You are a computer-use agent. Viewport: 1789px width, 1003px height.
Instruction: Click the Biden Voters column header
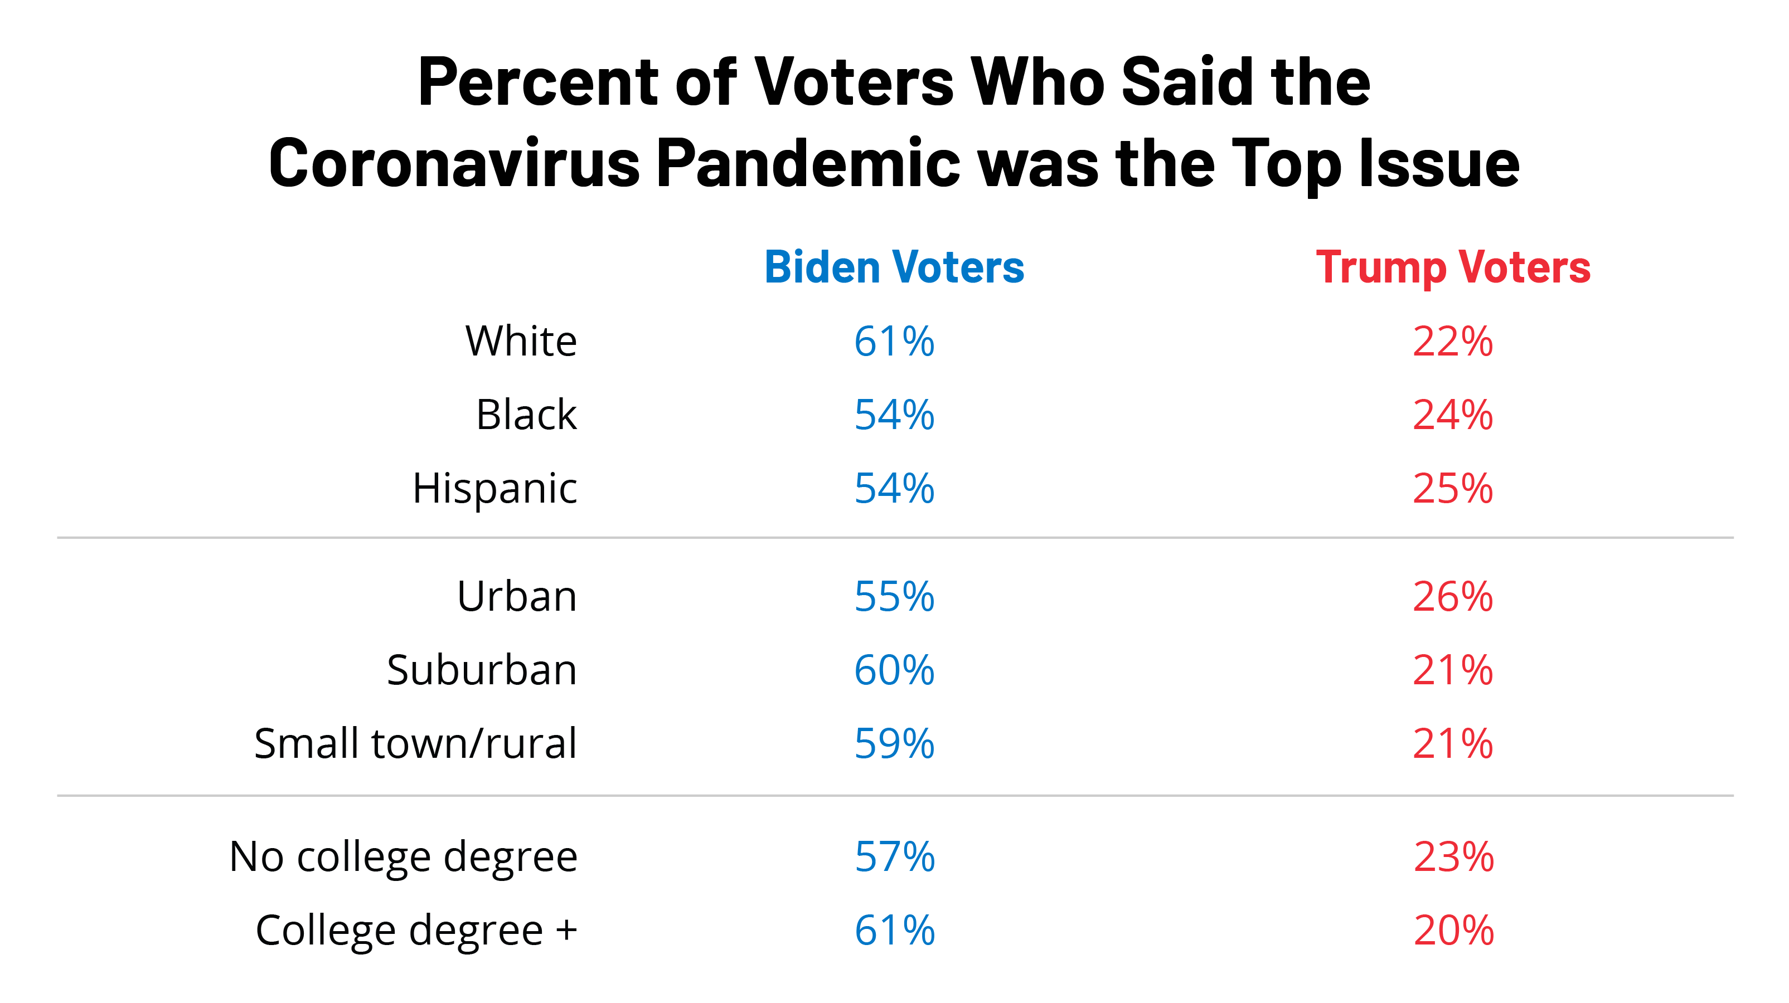[x=894, y=267]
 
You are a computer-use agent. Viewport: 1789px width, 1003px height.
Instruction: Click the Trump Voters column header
[x=1453, y=267]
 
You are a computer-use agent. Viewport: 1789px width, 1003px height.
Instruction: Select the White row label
[x=521, y=341]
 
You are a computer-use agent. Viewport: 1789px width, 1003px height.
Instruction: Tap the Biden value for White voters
[x=894, y=341]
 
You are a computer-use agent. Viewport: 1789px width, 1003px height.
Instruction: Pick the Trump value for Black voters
[x=1453, y=415]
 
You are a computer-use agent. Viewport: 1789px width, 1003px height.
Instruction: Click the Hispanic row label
[x=494, y=488]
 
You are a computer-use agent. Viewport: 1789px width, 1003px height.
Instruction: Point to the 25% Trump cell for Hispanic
[x=1453, y=488]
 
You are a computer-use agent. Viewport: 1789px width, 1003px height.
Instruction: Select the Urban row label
[x=517, y=596]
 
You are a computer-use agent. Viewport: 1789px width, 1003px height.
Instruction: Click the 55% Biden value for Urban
[x=894, y=596]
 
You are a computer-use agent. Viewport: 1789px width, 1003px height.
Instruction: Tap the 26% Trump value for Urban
[x=1453, y=596]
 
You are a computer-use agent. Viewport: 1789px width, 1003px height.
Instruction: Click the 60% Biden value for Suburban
[x=894, y=670]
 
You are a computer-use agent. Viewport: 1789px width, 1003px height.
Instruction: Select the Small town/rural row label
[x=415, y=743]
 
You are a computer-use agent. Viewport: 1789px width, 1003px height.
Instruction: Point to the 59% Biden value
[x=894, y=743]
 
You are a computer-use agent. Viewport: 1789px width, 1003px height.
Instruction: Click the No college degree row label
[x=403, y=856]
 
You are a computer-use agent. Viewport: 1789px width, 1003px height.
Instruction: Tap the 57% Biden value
[x=894, y=856]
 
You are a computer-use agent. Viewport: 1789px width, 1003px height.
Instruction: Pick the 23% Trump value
[x=1453, y=856]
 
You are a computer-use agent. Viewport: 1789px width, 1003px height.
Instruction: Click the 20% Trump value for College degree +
[x=1453, y=930]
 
